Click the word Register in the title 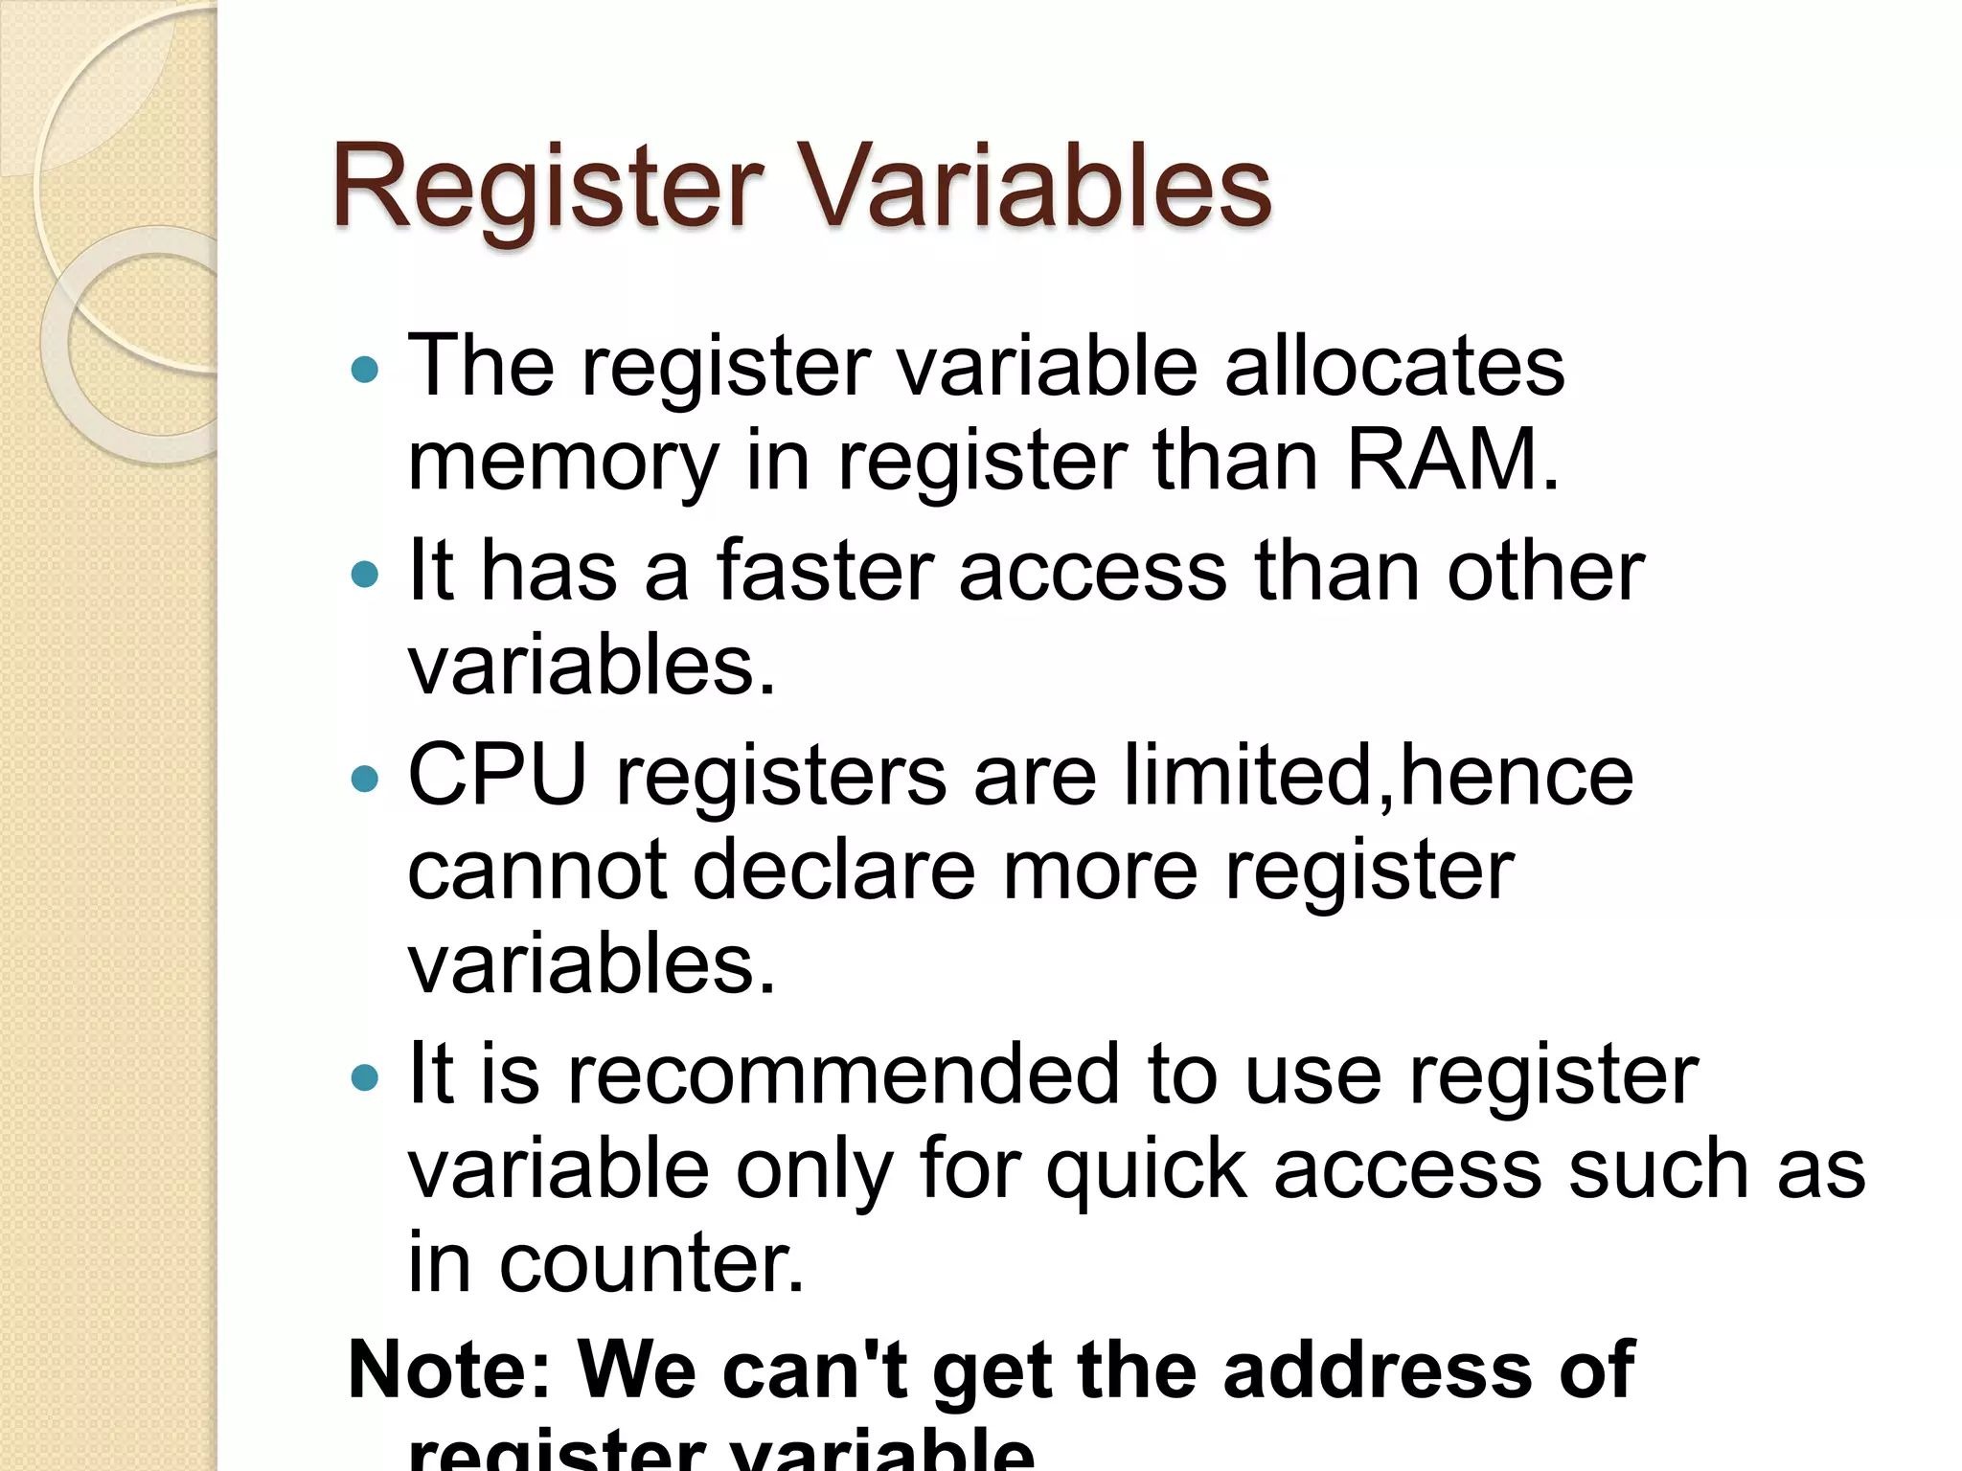[546, 188]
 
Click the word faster [825, 571]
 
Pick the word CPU [497, 775]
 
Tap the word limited [1249, 775]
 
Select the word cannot [536, 871]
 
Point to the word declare [833, 871]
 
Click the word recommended [843, 1075]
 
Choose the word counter [651, 1264]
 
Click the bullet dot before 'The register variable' [365, 369]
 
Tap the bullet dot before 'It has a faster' [365, 574]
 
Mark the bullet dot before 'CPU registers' [365, 778]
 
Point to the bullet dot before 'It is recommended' [365, 1078]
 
